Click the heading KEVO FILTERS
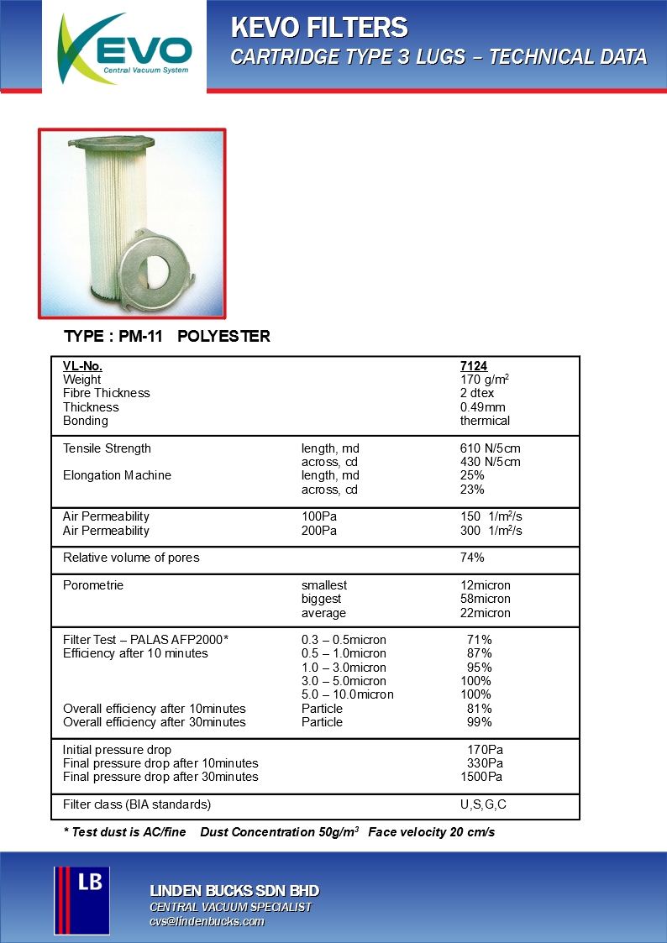(319, 29)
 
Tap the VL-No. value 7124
(474, 366)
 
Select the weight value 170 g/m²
(485, 380)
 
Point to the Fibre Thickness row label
(107, 393)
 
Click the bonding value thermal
(485, 421)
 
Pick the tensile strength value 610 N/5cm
(491, 448)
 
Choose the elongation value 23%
(472, 490)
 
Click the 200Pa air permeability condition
(319, 531)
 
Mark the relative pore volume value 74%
(472, 558)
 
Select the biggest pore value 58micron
(485, 599)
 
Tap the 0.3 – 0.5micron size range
(344, 640)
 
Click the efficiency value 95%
(479, 668)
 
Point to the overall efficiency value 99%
(479, 722)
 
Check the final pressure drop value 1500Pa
(481, 777)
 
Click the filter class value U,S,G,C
(483, 804)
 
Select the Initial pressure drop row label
(117, 750)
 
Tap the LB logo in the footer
(81, 900)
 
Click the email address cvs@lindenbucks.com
(207, 922)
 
